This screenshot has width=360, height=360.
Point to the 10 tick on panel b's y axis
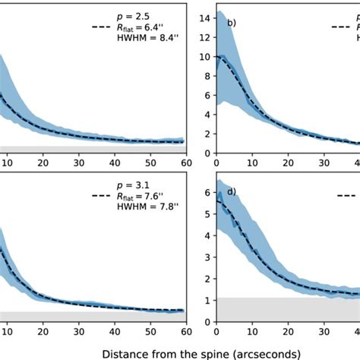202,57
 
